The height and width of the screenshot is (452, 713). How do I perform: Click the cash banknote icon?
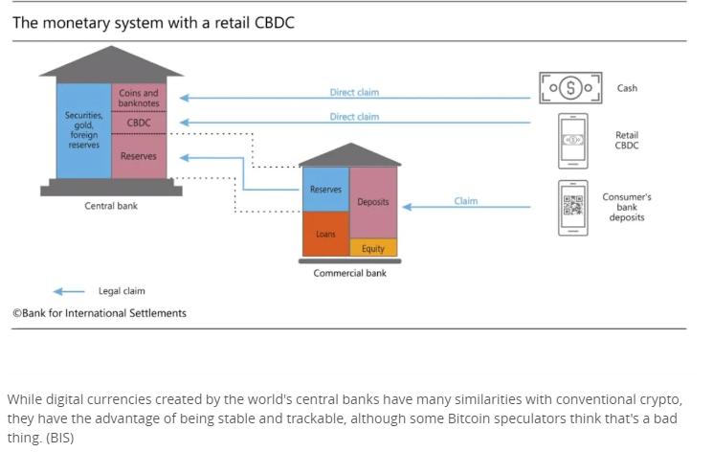pyautogui.click(x=570, y=88)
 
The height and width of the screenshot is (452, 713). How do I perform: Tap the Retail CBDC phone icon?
pyautogui.click(x=572, y=140)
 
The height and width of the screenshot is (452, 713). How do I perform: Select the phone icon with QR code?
pyautogui.click(x=572, y=207)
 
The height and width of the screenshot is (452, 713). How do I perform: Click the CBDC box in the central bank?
pyautogui.click(x=139, y=123)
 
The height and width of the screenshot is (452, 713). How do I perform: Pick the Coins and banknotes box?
pyautogui.click(x=139, y=98)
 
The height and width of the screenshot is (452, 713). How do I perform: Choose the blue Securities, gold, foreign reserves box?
pyautogui.click(x=83, y=130)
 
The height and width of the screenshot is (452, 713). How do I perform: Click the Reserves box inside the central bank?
pyautogui.click(x=139, y=156)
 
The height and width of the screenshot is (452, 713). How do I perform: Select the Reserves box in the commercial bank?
pyautogui.click(x=325, y=190)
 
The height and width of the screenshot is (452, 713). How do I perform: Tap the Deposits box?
pyautogui.click(x=373, y=202)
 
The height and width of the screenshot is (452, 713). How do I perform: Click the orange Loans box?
pyautogui.click(x=325, y=234)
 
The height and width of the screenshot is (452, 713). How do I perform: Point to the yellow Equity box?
pyautogui.click(x=373, y=248)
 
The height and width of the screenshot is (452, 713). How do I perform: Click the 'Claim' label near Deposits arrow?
pyautogui.click(x=465, y=201)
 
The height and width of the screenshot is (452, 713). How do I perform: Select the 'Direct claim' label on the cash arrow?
pyautogui.click(x=354, y=93)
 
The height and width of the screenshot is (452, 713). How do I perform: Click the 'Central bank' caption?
pyautogui.click(x=112, y=206)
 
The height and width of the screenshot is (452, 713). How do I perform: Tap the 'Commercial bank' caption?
pyautogui.click(x=349, y=273)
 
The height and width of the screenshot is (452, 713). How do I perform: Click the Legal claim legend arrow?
pyautogui.click(x=69, y=291)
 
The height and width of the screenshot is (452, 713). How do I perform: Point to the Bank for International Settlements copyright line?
pyautogui.click(x=100, y=313)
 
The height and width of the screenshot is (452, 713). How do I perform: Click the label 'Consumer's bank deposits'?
pyautogui.click(x=627, y=207)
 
